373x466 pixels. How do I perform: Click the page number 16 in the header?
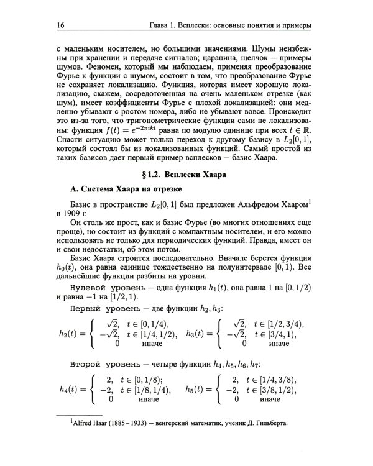click(x=60, y=25)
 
